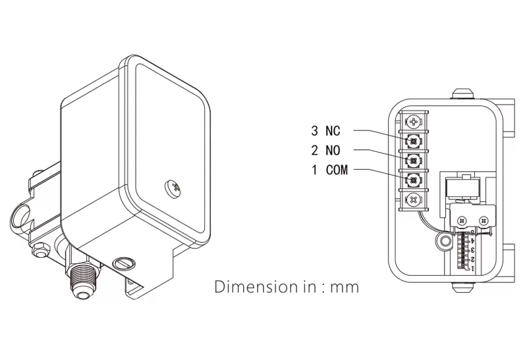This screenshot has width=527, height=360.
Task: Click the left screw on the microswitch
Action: (x=462, y=220)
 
